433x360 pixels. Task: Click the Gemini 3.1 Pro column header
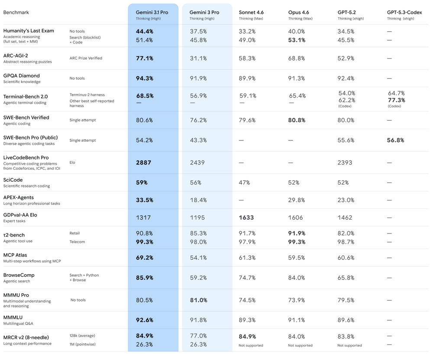point(152,12)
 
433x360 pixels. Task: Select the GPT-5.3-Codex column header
point(404,12)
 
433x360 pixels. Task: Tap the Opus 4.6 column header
point(298,12)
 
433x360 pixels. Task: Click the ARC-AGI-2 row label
point(16,55)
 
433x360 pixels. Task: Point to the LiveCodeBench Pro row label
point(26,158)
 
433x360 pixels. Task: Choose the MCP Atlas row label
point(15,255)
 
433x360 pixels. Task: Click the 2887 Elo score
point(143,162)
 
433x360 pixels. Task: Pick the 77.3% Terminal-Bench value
point(396,100)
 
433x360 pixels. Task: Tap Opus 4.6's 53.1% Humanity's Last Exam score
point(297,40)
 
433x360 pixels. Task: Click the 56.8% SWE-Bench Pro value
point(395,140)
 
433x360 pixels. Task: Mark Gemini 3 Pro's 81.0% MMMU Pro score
point(198,300)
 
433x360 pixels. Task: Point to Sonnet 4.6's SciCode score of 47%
point(244,182)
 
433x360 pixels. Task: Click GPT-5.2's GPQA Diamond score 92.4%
point(346,78)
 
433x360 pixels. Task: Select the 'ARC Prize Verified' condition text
point(86,58)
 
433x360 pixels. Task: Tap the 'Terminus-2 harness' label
point(87,94)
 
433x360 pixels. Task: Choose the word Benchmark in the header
point(16,12)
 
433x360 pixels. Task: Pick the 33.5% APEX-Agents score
point(145,200)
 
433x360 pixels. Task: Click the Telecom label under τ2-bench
point(77,242)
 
